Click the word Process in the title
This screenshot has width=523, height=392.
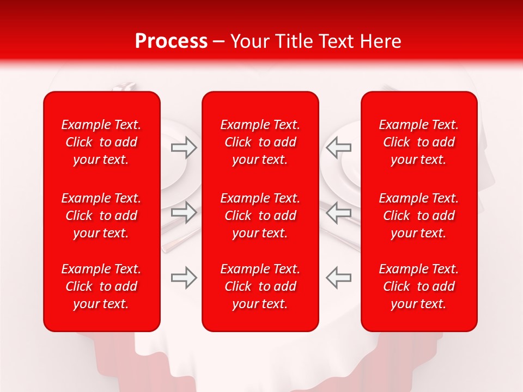click(x=171, y=41)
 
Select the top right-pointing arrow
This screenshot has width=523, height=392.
click(x=184, y=148)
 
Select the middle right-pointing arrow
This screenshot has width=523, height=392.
click(x=184, y=212)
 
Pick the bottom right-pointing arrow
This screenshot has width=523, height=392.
click(x=184, y=278)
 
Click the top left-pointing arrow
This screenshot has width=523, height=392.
click(x=339, y=148)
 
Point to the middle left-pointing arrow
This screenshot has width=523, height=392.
click(x=339, y=212)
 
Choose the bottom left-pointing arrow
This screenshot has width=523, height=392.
click(x=339, y=278)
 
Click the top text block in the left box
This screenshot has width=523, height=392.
click(x=101, y=142)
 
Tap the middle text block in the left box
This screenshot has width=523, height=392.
click(x=101, y=216)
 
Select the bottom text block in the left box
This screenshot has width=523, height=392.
click(x=101, y=286)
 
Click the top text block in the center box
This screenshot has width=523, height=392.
click(x=260, y=142)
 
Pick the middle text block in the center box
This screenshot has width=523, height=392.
click(x=260, y=216)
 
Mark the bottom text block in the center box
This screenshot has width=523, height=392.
click(x=260, y=286)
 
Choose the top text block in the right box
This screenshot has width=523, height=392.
click(x=419, y=142)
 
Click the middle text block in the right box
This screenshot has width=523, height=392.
click(x=419, y=216)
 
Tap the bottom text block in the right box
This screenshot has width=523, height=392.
click(x=419, y=286)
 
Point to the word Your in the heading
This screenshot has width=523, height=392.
click(x=248, y=41)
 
